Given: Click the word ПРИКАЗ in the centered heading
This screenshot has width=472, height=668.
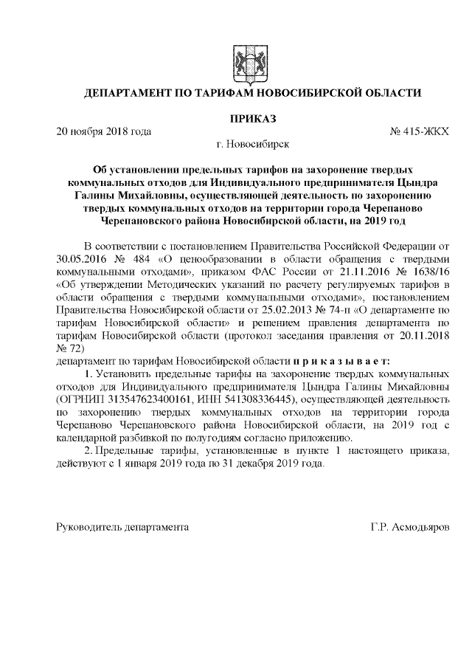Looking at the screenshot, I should coord(253,119).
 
